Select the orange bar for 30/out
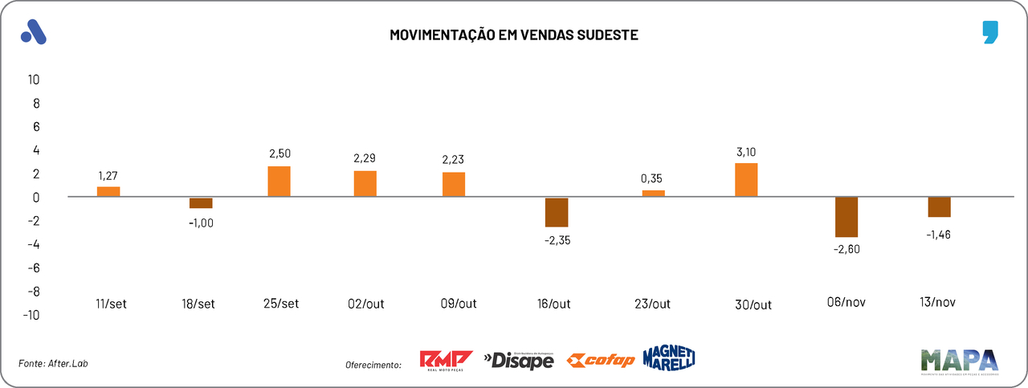click(x=746, y=180)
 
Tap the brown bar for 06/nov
click(x=846, y=217)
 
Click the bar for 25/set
click(x=279, y=182)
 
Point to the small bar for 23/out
click(x=653, y=194)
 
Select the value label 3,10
click(x=746, y=151)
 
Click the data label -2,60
click(x=846, y=250)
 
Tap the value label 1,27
click(x=108, y=174)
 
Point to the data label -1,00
click(x=201, y=223)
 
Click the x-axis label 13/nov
click(x=938, y=303)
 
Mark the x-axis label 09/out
click(x=459, y=304)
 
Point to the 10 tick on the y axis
click(x=34, y=80)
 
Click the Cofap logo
click(x=601, y=361)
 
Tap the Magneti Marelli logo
click(x=668, y=358)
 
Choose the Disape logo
click(x=519, y=361)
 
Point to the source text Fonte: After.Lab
click(x=53, y=364)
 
